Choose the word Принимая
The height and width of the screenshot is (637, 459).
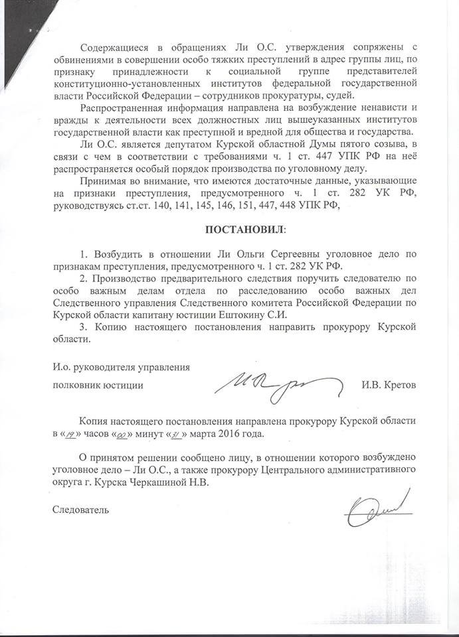click(x=103, y=181)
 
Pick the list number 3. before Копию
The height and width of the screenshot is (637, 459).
click(x=82, y=326)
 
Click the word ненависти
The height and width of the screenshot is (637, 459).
click(x=381, y=109)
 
